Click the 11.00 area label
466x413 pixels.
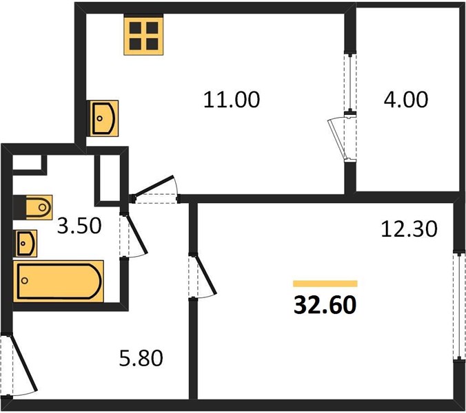coord(232,99)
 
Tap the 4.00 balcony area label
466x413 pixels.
coord(405,99)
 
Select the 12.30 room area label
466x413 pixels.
coord(409,229)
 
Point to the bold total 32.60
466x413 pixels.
coord(325,305)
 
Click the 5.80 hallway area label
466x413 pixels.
coord(141,358)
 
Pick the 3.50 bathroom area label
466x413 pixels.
coord(79,226)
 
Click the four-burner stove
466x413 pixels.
coord(144,36)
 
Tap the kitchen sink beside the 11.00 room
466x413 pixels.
coord(103,118)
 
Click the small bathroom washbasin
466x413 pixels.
coord(27,243)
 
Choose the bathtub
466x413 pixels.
coord(58,281)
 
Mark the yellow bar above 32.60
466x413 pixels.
coord(325,284)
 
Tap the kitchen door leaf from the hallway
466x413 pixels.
coord(153,187)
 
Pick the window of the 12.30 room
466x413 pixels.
coord(460,306)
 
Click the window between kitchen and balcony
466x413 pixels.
coord(350,83)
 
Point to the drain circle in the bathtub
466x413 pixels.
coord(25,280)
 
